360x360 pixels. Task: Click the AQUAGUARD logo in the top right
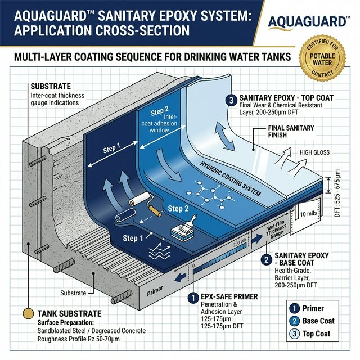(x=307, y=21)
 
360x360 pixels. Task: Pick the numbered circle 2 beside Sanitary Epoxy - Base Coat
(x=265, y=259)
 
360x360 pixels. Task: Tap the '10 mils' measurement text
(x=309, y=214)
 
